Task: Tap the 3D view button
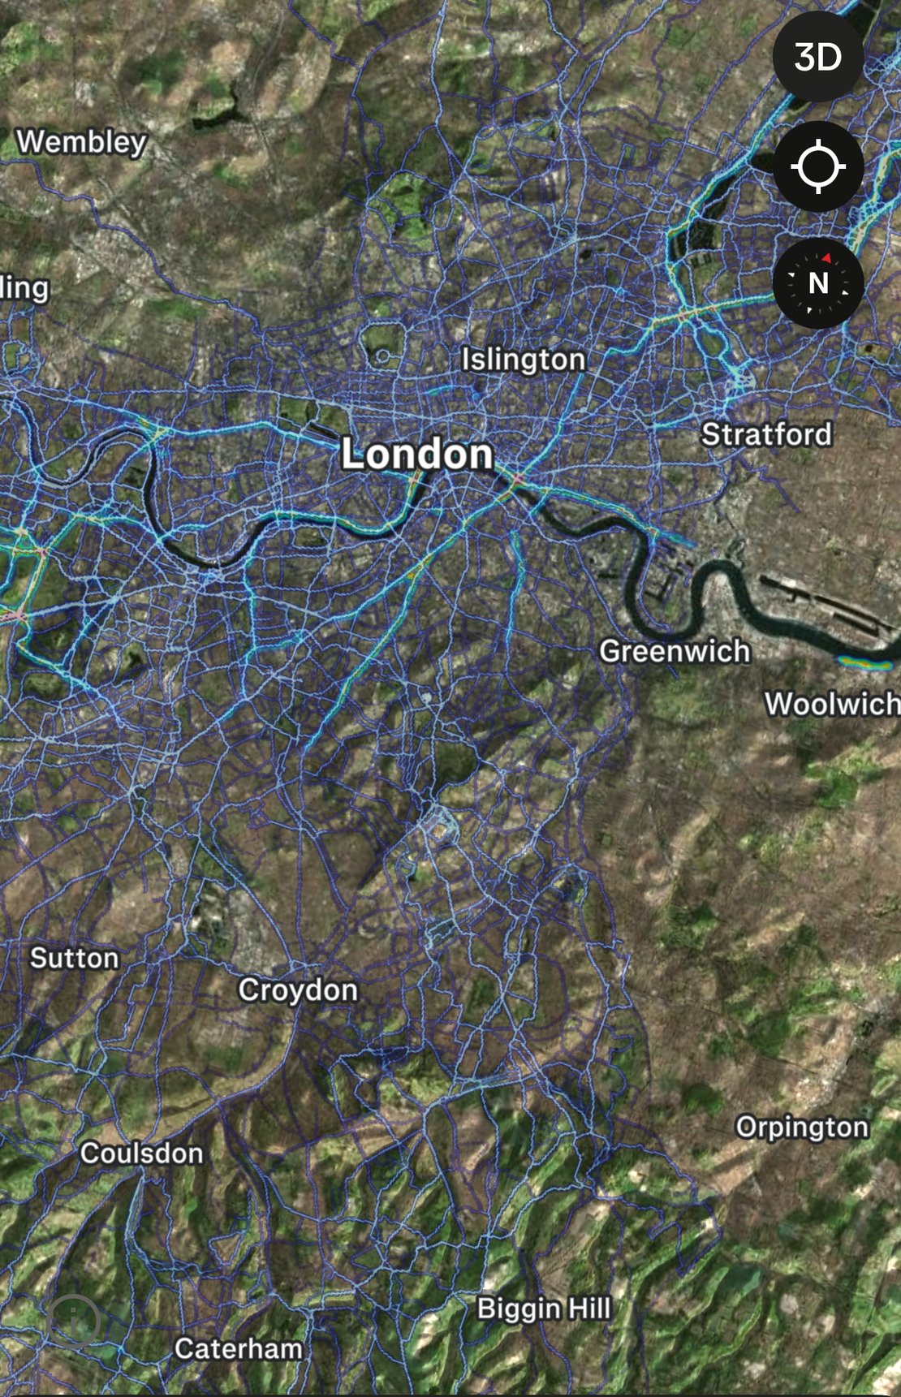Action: point(817,57)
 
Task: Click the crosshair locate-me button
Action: point(817,167)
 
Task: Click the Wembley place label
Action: point(82,142)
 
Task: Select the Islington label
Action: point(524,360)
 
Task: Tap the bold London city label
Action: point(417,454)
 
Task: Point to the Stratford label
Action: point(766,434)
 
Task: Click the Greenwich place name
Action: point(675,651)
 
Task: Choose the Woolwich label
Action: point(832,704)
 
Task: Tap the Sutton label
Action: point(75,958)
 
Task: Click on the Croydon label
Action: point(298,990)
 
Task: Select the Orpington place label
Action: point(802,1127)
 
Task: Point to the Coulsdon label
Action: point(141,1153)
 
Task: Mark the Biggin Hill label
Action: point(544,1309)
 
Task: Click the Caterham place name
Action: point(239,1349)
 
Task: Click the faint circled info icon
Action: point(75,1322)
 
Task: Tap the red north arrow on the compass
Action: point(826,258)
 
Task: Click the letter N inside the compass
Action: point(818,283)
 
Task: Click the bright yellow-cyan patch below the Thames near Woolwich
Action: point(864,663)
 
